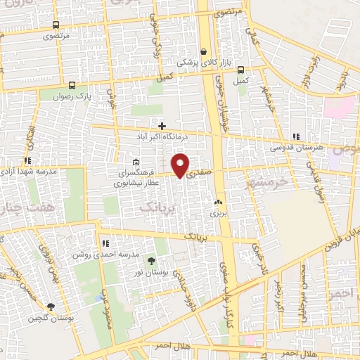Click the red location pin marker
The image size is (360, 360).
pos(181,165)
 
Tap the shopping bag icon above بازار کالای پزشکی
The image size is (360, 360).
pos(204,51)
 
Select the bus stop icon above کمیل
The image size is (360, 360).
pos(240,70)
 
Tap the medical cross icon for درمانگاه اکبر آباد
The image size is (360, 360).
pos(162,125)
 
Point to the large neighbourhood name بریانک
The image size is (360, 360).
pos(154,208)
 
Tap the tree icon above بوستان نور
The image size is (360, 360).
pos(151,262)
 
